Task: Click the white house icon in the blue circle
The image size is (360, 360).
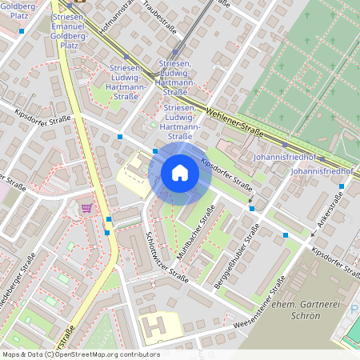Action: click(x=180, y=174)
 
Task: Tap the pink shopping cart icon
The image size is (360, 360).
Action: click(x=86, y=208)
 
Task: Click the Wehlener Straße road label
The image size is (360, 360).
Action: click(x=234, y=119)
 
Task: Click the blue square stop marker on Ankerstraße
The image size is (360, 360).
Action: click(x=342, y=186)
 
